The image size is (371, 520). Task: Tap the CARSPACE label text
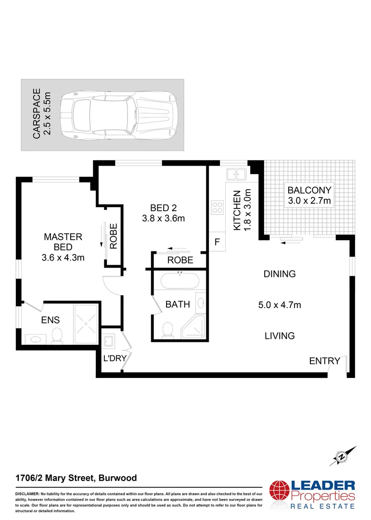(x=37, y=115)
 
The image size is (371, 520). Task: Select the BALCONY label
(x=309, y=190)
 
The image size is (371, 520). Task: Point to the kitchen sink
(x=236, y=173)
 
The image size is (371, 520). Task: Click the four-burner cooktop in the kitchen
(x=217, y=207)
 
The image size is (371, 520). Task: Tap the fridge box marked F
(x=217, y=242)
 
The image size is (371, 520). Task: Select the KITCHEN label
(x=237, y=211)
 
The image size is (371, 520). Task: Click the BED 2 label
(x=164, y=208)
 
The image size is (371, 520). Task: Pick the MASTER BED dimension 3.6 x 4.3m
(x=63, y=258)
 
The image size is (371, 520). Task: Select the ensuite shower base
(x=87, y=324)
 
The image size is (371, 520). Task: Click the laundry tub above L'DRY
(x=109, y=341)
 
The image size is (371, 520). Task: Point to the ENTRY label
(x=324, y=361)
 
